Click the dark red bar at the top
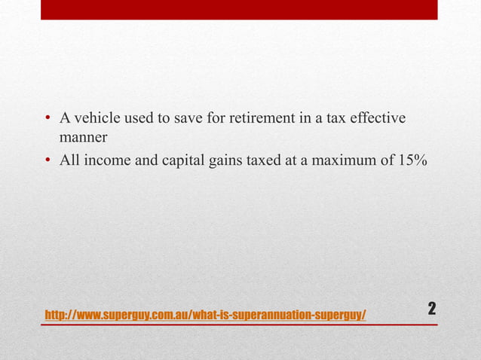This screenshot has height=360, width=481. pyautogui.click(x=239, y=10)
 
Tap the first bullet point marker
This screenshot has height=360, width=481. pyautogui.click(x=47, y=120)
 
